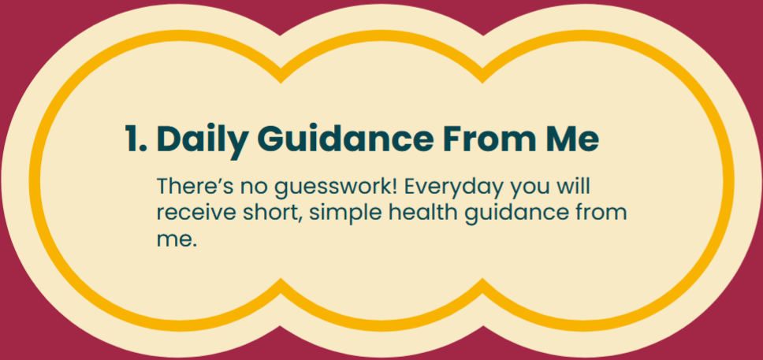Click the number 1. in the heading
tap(136, 139)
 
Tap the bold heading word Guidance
tap(345, 139)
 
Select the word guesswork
tap(330, 190)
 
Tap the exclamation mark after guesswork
tap(393, 187)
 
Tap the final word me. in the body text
tap(177, 240)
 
